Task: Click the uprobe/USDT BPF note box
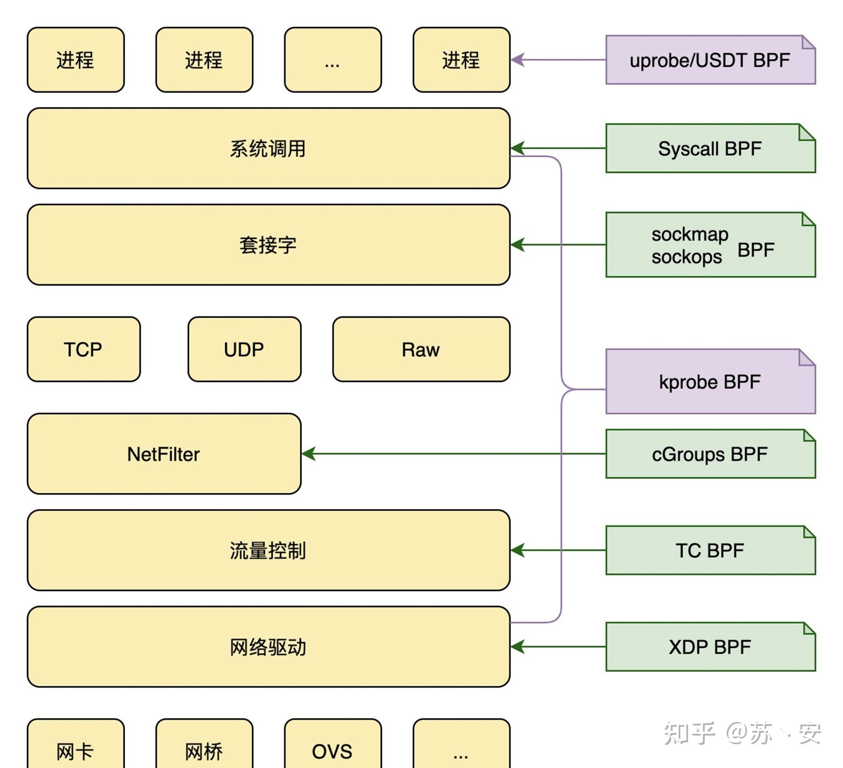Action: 710,60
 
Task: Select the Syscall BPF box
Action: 710,148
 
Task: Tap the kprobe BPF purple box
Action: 710,382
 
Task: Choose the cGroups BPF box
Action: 710,454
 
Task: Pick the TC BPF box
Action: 710,550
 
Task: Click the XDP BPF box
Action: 710,647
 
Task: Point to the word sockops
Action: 687,256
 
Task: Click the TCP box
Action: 83,349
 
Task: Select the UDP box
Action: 244,349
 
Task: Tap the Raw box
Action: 421,349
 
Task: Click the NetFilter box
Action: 164,454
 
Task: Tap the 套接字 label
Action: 268,245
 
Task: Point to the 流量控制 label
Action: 268,550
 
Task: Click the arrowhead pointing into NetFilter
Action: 309,454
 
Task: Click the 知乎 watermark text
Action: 690,733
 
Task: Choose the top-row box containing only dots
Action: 333,60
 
